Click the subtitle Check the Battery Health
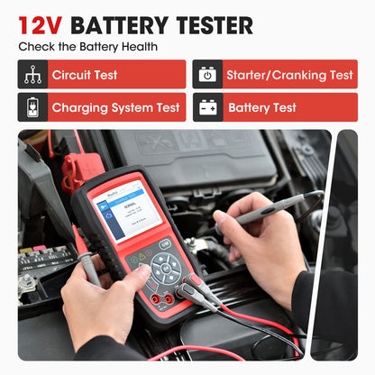[x=88, y=46]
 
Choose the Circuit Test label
[x=84, y=75]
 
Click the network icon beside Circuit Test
[x=32, y=75]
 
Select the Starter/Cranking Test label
[x=290, y=75]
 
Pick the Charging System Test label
[x=115, y=108]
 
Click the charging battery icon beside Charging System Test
[x=32, y=108]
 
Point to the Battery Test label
[x=261, y=108]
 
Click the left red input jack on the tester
[x=155, y=298]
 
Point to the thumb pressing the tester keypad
[x=134, y=280]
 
